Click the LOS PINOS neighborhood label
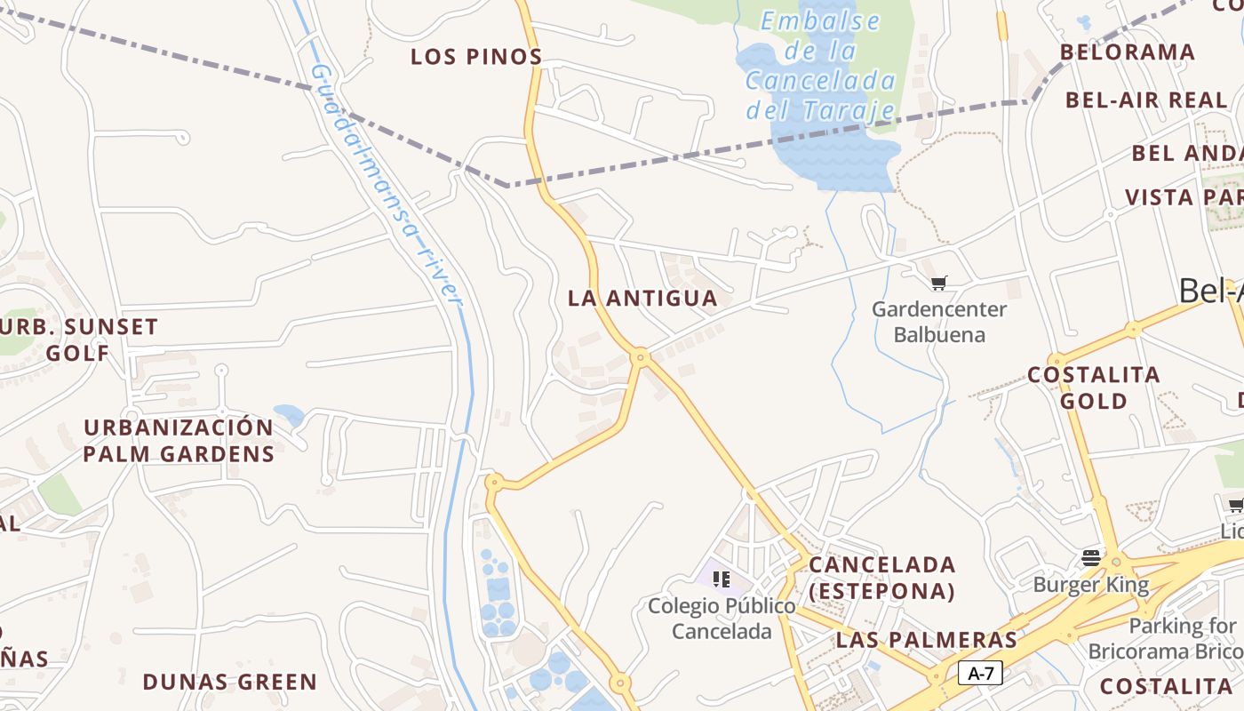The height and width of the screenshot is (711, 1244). click(x=476, y=57)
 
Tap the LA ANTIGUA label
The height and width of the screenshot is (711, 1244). click(x=642, y=299)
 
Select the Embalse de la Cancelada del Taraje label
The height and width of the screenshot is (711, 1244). click(x=820, y=66)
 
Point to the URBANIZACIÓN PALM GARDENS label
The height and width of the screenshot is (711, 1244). click(x=179, y=440)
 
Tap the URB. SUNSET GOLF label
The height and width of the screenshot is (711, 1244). click(x=78, y=340)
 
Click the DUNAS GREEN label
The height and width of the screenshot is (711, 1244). click(x=230, y=683)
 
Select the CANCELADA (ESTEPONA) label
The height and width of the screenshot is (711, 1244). click(x=882, y=578)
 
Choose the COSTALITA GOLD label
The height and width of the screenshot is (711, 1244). click(x=1094, y=387)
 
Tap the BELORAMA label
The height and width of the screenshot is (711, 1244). click(x=1128, y=52)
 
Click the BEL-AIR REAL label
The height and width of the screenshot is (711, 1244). click(x=1146, y=100)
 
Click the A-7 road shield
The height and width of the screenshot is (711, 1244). click(x=980, y=674)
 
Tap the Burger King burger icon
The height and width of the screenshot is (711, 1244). click(x=1091, y=558)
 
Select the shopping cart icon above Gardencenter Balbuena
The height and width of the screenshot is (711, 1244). click(x=938, y=284)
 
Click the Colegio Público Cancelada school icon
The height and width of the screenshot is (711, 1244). click(x=722, y=579)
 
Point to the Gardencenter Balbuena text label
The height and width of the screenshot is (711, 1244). click(x=939, y=322)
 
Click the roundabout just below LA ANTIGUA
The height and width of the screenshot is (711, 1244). click(x=640, y=357)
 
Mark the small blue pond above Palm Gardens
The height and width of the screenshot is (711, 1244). click(x=289, y=414)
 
